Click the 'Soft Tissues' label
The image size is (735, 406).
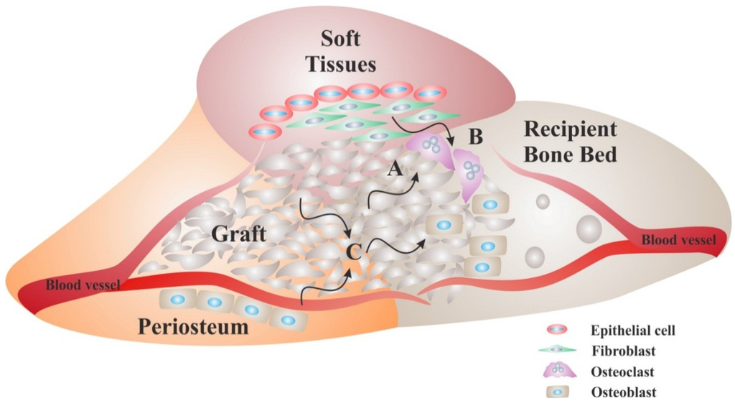pos(341,53)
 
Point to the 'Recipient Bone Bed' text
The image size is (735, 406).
pos(570,141)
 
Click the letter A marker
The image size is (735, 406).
pos(393,169)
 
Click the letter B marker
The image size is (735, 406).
pos(474,134)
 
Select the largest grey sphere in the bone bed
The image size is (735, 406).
pos(589,229)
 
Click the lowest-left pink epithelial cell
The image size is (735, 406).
pos(266,131)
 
